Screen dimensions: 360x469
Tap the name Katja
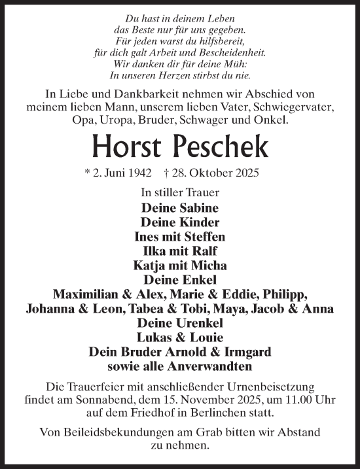tap(151, 266)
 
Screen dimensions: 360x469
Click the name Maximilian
tap(87, 294)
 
